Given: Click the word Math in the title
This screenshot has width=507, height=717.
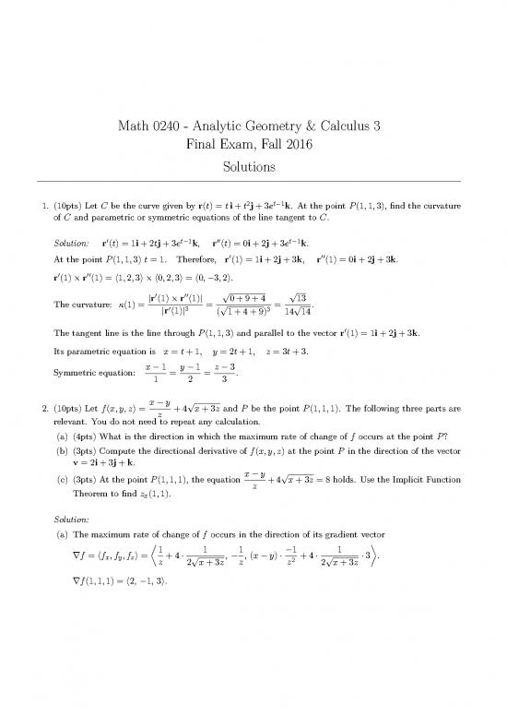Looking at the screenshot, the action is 136,126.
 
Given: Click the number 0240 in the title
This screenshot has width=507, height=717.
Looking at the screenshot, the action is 175,126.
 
